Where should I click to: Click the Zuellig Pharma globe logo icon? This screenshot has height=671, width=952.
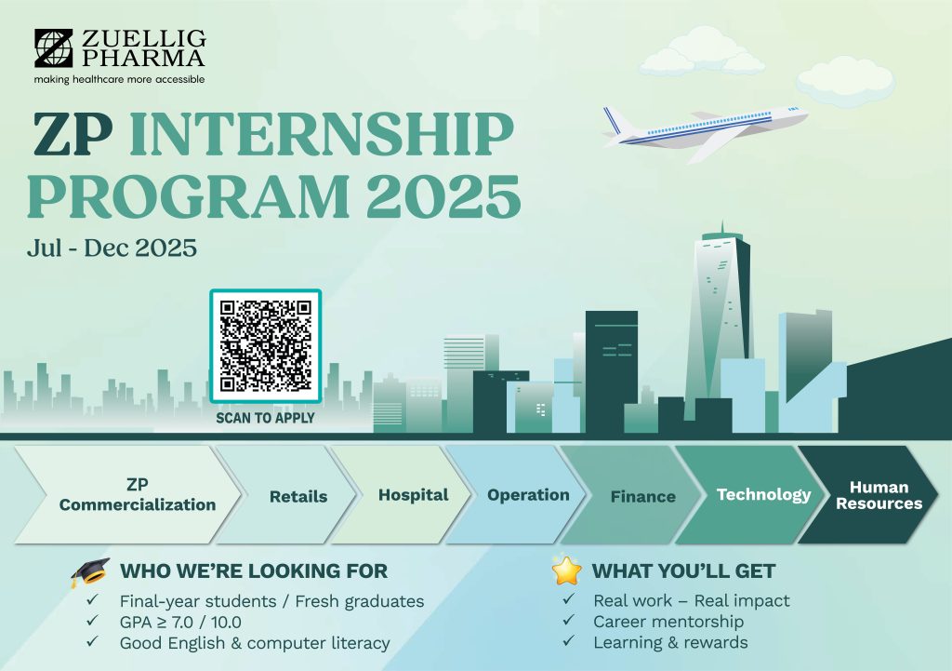pyautogui.click(x=53, y=47)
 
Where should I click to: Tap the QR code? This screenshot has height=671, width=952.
pyautogui.click(x=265, y=346)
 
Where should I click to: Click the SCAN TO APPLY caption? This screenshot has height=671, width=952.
pyautogui.click(x=265, y=418)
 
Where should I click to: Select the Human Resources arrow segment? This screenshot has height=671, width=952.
pyautogui.click(x=869, y=495)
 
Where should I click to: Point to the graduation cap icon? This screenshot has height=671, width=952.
pyautogui.click(x=90, y=572)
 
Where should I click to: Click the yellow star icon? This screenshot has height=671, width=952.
pyautogui.click(x=566, y=570)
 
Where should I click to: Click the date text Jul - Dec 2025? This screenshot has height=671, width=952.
pyautogui.click(x=112, y=248)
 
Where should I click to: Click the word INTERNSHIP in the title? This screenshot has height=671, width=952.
pyautogui.click(x=322, y=133)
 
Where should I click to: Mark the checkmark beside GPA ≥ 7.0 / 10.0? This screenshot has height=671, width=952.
pyautogui.click(x=92, y=621)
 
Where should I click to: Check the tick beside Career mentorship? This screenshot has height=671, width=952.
pyautogui.click(x=568, y=620)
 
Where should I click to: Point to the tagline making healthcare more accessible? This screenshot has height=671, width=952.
pyautogui.click(x=119, y=80)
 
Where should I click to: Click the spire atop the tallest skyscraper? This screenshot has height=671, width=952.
pyautogui.click(x=721, y=226)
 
